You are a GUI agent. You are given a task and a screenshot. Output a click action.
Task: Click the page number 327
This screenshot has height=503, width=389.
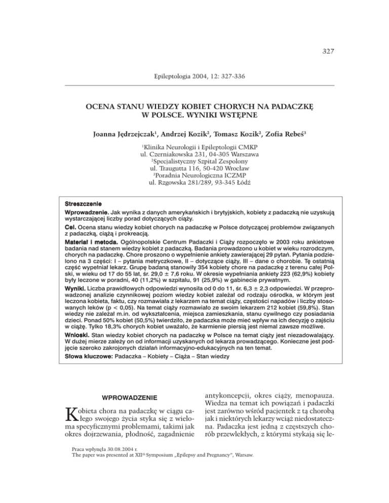[x=327, y=50]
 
